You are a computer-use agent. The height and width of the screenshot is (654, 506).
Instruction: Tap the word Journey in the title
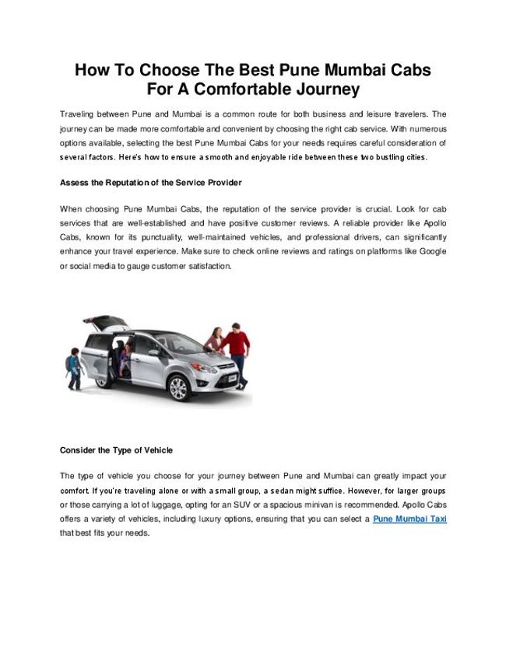pos(325,89)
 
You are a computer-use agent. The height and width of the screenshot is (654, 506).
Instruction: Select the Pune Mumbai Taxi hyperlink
pos(409,518)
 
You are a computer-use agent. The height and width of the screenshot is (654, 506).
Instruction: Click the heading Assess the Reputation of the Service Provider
pos(151,183)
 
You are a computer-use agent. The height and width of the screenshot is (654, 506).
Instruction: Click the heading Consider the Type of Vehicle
pos(116,450)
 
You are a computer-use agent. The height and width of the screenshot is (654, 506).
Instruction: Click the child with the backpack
pos(72,365)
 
